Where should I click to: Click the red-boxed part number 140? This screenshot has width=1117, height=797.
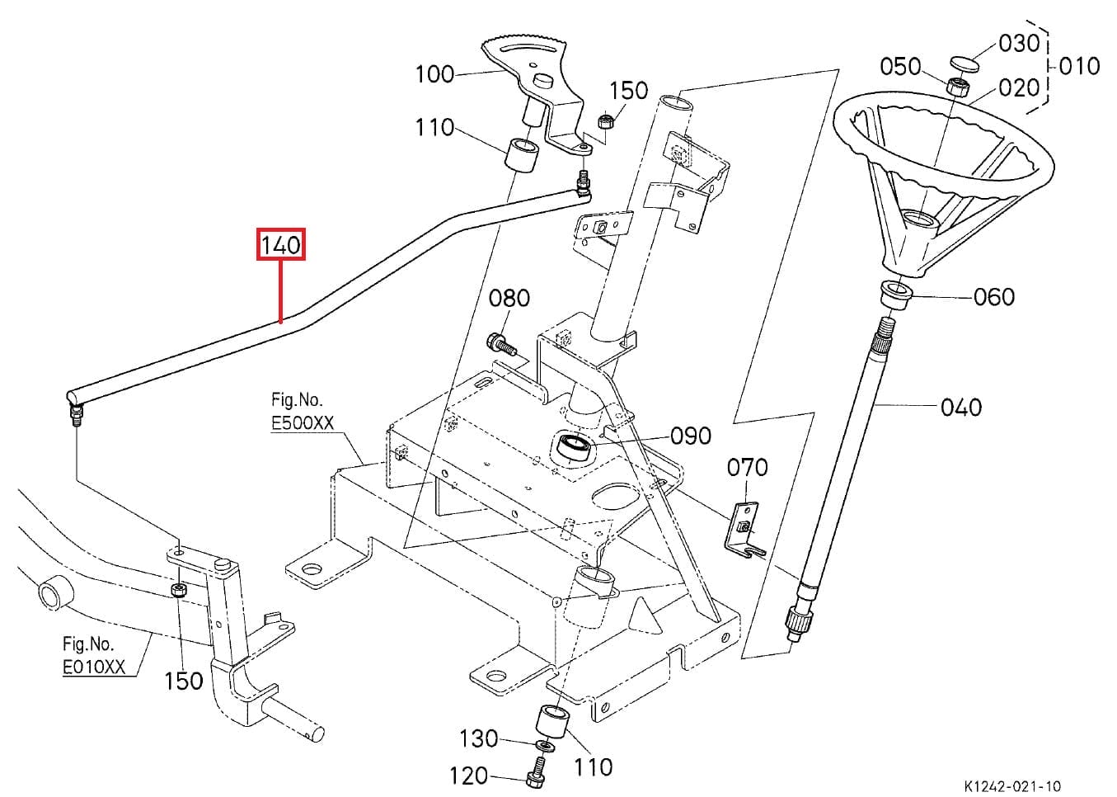[x=281, y=245]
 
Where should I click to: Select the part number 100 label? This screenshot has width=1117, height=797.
[x=434, y=74]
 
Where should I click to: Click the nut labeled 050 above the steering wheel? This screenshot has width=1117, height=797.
[x=956, y=86]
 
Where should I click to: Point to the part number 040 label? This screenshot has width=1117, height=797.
[x=960, y=407]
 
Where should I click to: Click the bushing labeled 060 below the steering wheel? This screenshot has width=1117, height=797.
[x=896, y=294]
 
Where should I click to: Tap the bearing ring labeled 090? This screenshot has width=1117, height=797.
[x=574, y=449]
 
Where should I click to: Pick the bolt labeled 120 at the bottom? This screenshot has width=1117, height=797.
[x=534, y=777]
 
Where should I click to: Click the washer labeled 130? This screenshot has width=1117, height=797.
[x=544, y=747]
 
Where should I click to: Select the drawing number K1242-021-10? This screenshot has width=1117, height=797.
[x=1012, y=786]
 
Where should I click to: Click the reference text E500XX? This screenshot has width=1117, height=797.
[x=303, y=423]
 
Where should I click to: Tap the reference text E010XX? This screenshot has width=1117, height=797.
[x=94, y=667]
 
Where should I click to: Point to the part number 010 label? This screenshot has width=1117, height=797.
[x=1078, y=66]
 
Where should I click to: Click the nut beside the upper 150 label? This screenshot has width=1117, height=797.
[x=604, y=122]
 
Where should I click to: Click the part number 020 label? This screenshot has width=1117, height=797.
[x=1019, y=87]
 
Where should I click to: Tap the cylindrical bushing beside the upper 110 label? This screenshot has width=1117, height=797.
[x=523, y=156]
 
